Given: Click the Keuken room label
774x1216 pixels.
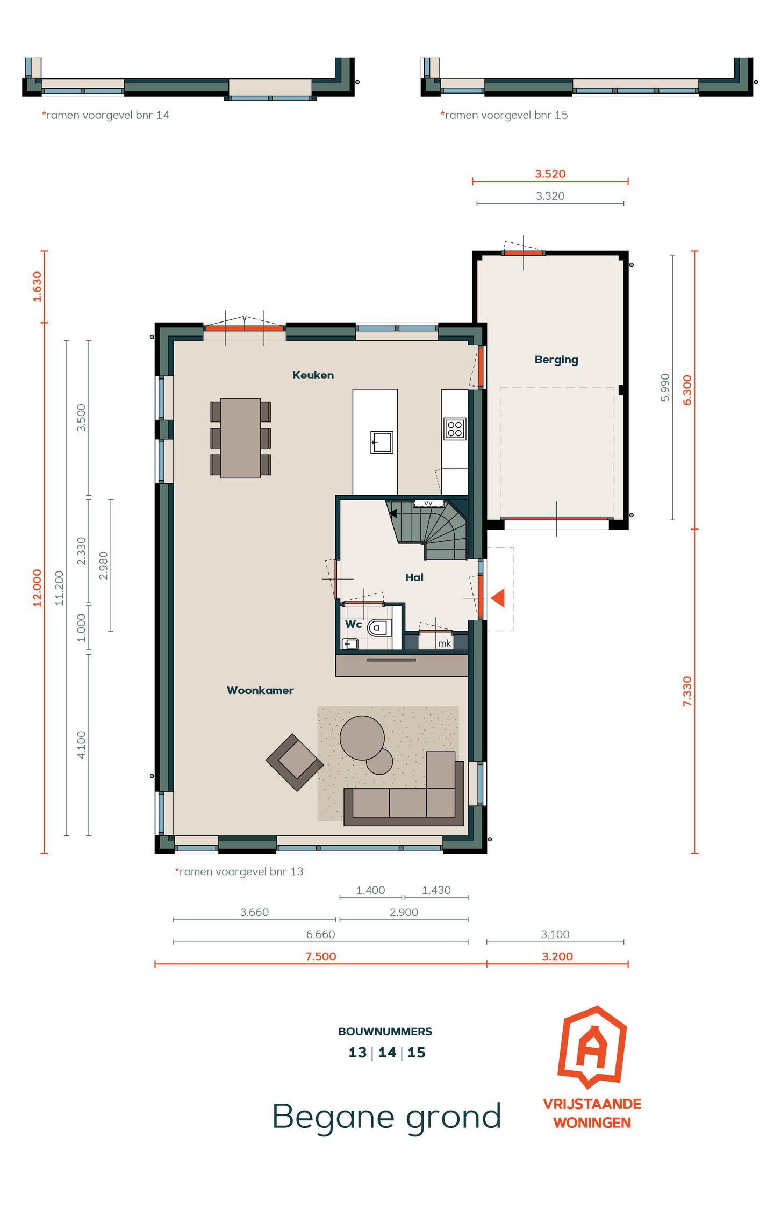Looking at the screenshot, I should pyautogui.click(x=313, y=375).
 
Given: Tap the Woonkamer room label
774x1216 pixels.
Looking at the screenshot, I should pyautogui.click(x=260, y=690).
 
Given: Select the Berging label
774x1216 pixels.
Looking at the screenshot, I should pyautogui.click(x=556, y=360).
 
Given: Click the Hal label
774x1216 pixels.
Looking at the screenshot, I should pyautogui.click(x=414, y=577).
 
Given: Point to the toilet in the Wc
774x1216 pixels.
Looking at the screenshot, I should pyautogui.click(x=379, y=627).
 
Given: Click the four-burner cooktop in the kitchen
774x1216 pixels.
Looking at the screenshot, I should pyautogui.click(x=455, y=428).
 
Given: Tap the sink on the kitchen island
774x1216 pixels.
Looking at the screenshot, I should pyautogui.click(x=382, y=442).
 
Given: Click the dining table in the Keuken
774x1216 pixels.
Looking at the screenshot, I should pyautogui.click(x=240, y=438).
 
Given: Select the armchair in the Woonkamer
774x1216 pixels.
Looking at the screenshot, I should pyautogui.click(x=295, y=762).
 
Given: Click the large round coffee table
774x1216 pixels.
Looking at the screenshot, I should pyautogui.click(x=362, y=738).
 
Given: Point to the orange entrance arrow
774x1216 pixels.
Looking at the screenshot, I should pyautogui.click(x=498, y=598).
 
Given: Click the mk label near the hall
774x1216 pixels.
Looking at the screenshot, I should pyautogui.click(x=445, y=643).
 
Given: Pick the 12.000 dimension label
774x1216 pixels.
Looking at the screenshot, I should pyautogui.click(x=37, y=588).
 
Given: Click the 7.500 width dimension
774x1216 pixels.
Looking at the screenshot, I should pyautogui.click(x=320, y=956).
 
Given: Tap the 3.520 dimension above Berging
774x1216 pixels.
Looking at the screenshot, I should pyautogui.click(x=550, y=174).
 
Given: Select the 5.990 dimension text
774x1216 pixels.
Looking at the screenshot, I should pyautogui.click(x=665, y=387).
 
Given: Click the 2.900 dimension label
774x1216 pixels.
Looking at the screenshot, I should pyautogui.click(x=404, y=912).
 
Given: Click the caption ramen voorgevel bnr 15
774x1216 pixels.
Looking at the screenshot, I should pyautogui.click(x=504, y=115).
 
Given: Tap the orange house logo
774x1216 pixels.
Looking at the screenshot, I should pyautogui.click(x=592, y=1046).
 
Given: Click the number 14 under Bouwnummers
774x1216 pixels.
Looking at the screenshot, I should pyautogui.click(x=387, y=1053).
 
